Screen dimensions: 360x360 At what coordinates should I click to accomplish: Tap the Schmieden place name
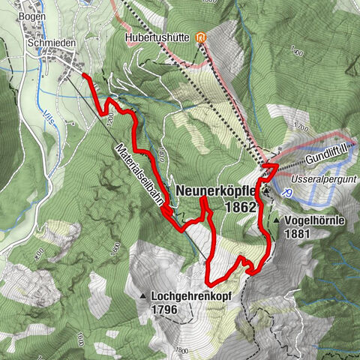[x=50, y=43]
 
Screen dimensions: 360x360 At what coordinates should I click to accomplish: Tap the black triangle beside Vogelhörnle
[x=276, y=221]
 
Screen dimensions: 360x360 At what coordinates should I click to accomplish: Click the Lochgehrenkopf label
[x=190, y=295]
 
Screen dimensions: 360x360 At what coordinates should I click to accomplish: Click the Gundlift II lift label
[x=328, y=155]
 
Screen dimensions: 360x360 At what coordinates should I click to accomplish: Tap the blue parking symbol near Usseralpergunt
[x=287, y=191]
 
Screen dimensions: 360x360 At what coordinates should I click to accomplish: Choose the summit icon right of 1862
[x=268, y=192]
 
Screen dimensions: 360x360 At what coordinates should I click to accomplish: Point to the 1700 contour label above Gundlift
[x=302, y=129]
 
